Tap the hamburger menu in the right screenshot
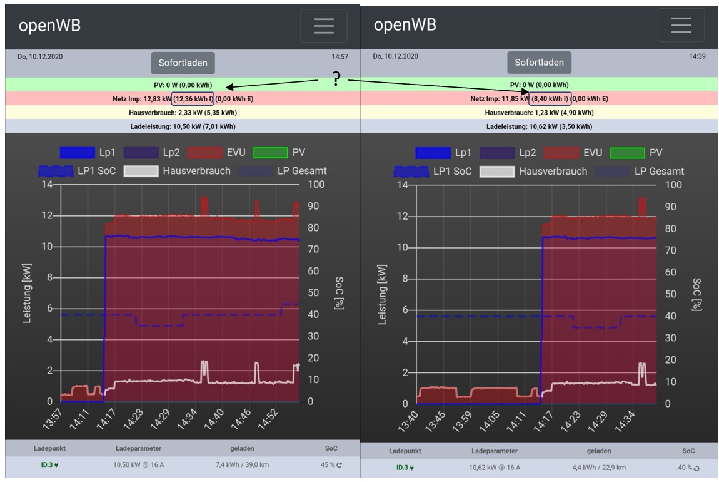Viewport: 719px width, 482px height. (681, 25)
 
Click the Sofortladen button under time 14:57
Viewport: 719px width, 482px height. (183, 63)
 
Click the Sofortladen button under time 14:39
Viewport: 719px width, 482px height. (539, 62)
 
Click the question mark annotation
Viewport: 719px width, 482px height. (336, 79)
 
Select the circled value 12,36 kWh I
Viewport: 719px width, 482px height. (193, 98)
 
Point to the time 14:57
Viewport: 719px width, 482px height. (340, 57)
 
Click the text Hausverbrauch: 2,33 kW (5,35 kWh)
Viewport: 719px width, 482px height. (178, 113)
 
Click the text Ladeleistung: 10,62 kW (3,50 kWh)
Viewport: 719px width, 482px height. (539, 126)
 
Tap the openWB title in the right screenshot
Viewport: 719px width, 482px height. (405, 25)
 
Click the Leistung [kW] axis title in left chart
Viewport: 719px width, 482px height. (28, 293)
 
